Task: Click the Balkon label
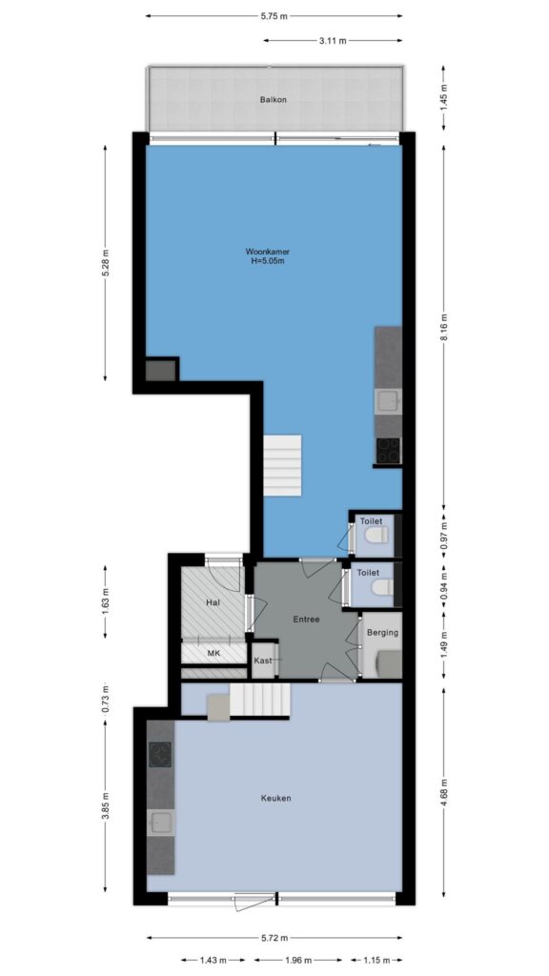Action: [274, 99]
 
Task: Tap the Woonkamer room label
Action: [268, 252]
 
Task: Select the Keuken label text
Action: [276, 798]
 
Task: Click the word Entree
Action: [306, 620]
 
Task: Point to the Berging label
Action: [382, 633]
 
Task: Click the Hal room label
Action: [213, 602]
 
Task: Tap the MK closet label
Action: [213, 654]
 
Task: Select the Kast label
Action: [263, 661]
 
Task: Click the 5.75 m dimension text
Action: [274, 16]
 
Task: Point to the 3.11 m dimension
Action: [333, 41]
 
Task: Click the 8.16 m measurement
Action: [444, 327]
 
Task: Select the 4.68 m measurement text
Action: [444, 793]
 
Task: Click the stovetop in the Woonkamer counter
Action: [389, 450]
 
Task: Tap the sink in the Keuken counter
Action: [160, 823]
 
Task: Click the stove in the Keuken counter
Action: [160, 756]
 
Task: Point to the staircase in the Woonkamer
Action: [282, 464]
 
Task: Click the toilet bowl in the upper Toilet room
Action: [377, 534]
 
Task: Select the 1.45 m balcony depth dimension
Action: [444, 98]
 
